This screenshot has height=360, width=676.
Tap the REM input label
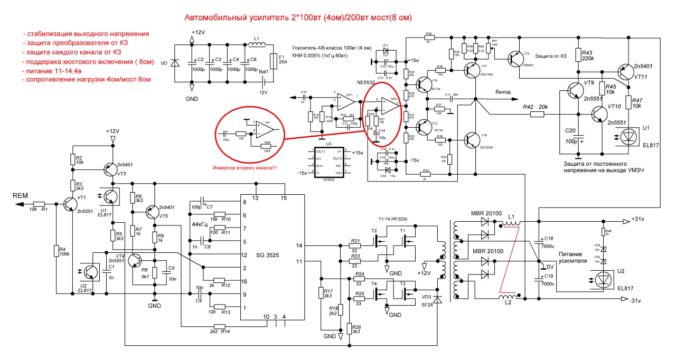21,196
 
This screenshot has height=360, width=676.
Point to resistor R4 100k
56,251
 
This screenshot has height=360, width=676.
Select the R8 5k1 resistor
154,273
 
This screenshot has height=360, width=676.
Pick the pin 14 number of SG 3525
299,245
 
